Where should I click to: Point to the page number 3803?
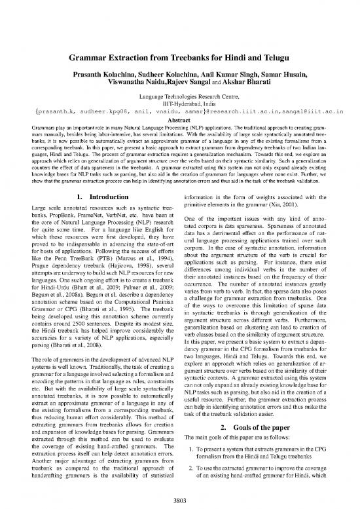[x=180, y=499]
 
